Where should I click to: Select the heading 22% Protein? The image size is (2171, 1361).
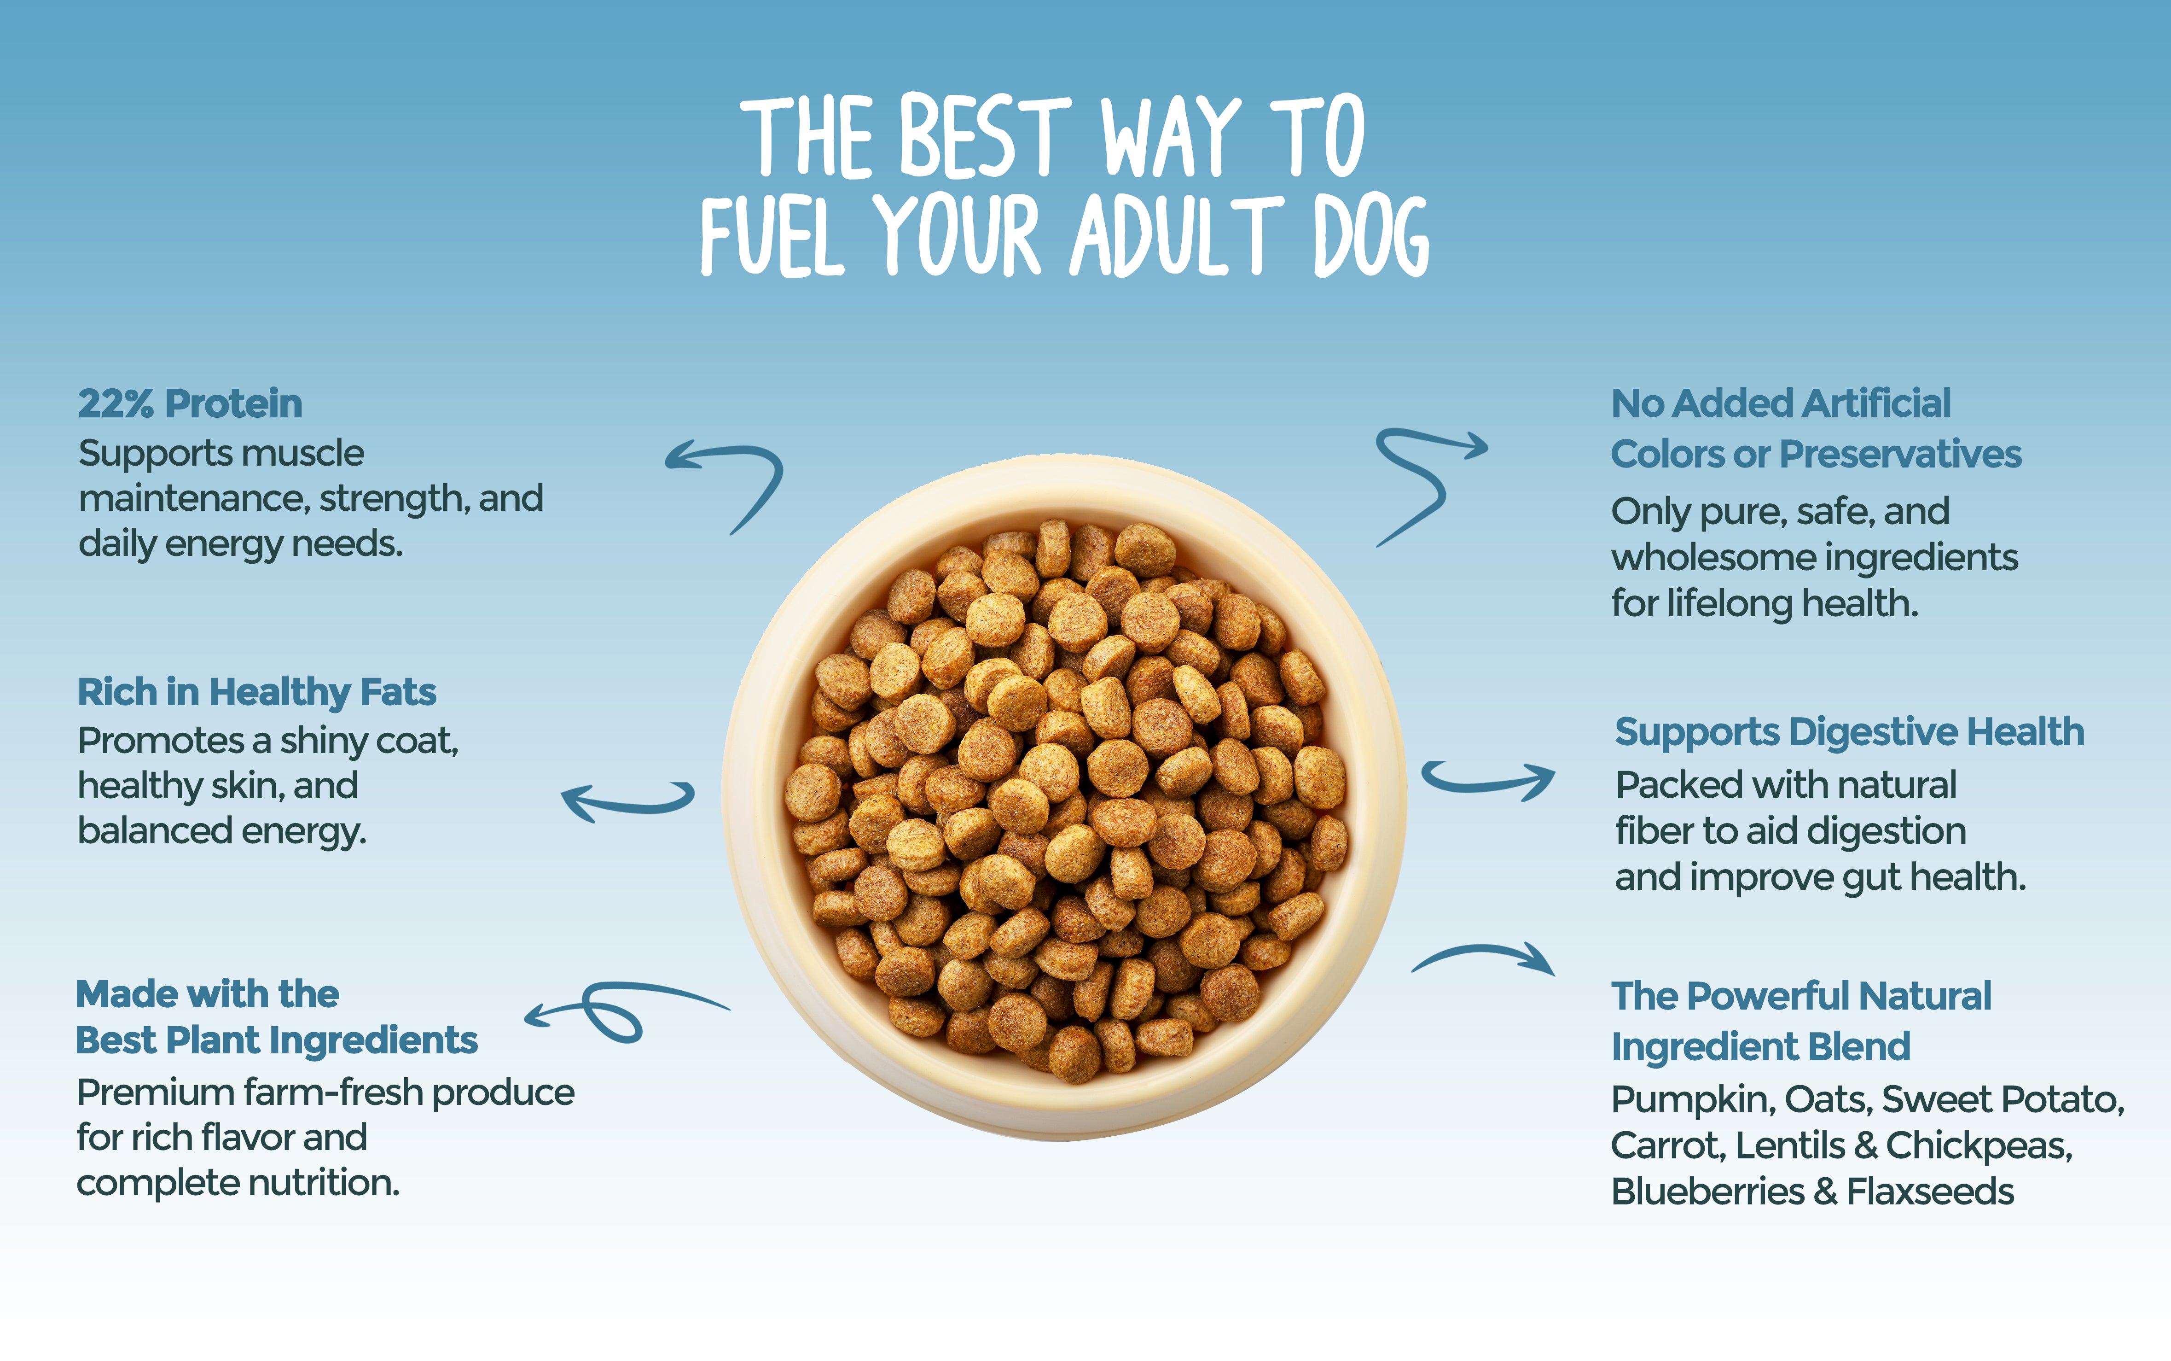click(x=190, y=403)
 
